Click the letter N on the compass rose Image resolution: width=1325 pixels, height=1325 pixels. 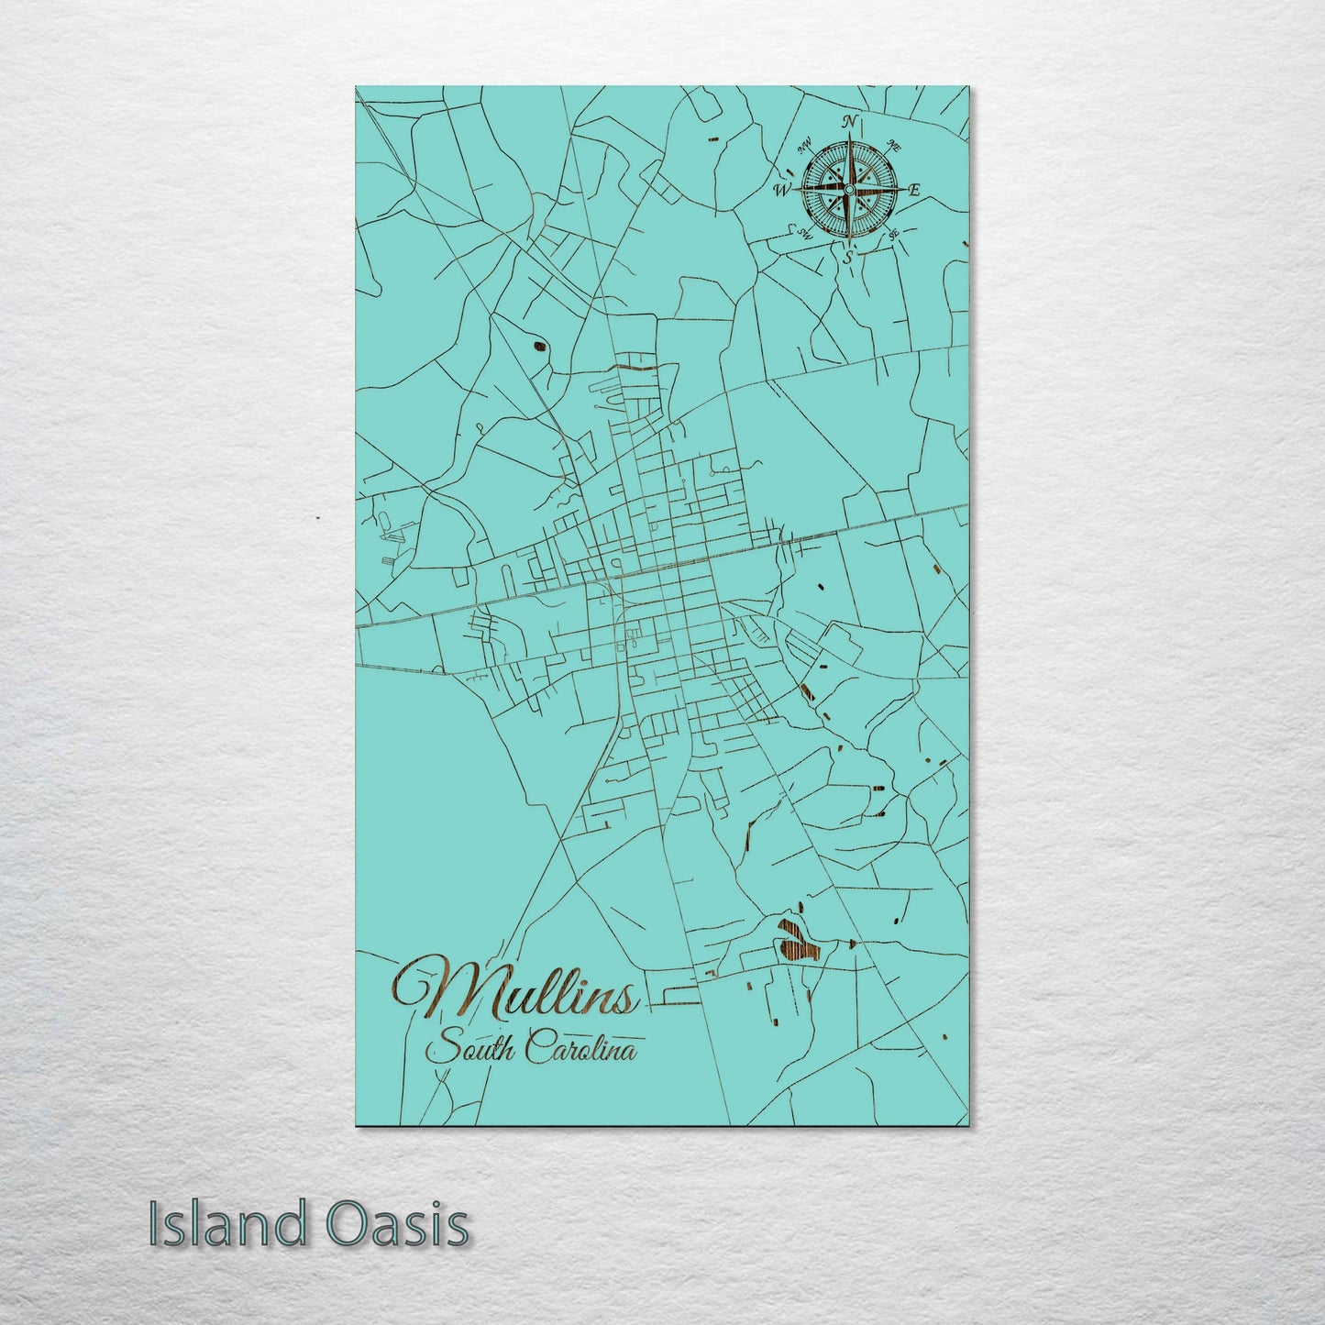coord(850,122)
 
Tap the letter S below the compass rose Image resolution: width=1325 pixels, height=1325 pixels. coord(848,258)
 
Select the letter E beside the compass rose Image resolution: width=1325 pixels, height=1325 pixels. coord(913,191)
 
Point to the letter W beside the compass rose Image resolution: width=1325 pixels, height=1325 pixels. coord(782,191)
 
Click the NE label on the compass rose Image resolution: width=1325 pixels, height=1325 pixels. coord(895,146)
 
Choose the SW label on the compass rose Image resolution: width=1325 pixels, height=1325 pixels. coord(806,233)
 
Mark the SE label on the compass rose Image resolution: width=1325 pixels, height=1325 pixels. coord(892,235)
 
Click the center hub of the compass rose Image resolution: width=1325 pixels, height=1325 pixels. coord(848,189)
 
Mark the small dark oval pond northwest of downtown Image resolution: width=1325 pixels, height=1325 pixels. coord(536,347)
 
